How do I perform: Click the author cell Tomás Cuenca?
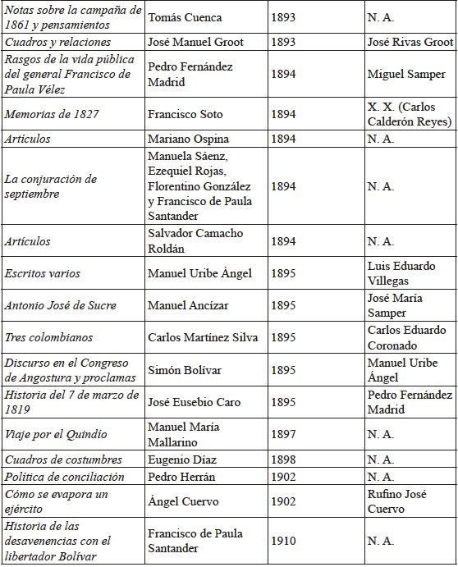coord(185,17)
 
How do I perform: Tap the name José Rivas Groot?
coord(410,42)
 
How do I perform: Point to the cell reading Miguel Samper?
coord(407,75)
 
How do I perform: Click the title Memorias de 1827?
coord(52,114)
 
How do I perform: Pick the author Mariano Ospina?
coord(188,139)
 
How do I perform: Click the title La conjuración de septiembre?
coord(51,186)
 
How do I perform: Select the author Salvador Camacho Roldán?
coord(195,241)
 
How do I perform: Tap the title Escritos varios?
coord(43,273)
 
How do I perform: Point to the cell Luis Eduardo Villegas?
coord(401,273)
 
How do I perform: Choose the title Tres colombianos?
coord(48,337)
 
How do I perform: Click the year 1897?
coord(284,434)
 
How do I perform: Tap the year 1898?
coord(284,460)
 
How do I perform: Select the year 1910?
coord(284,541)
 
